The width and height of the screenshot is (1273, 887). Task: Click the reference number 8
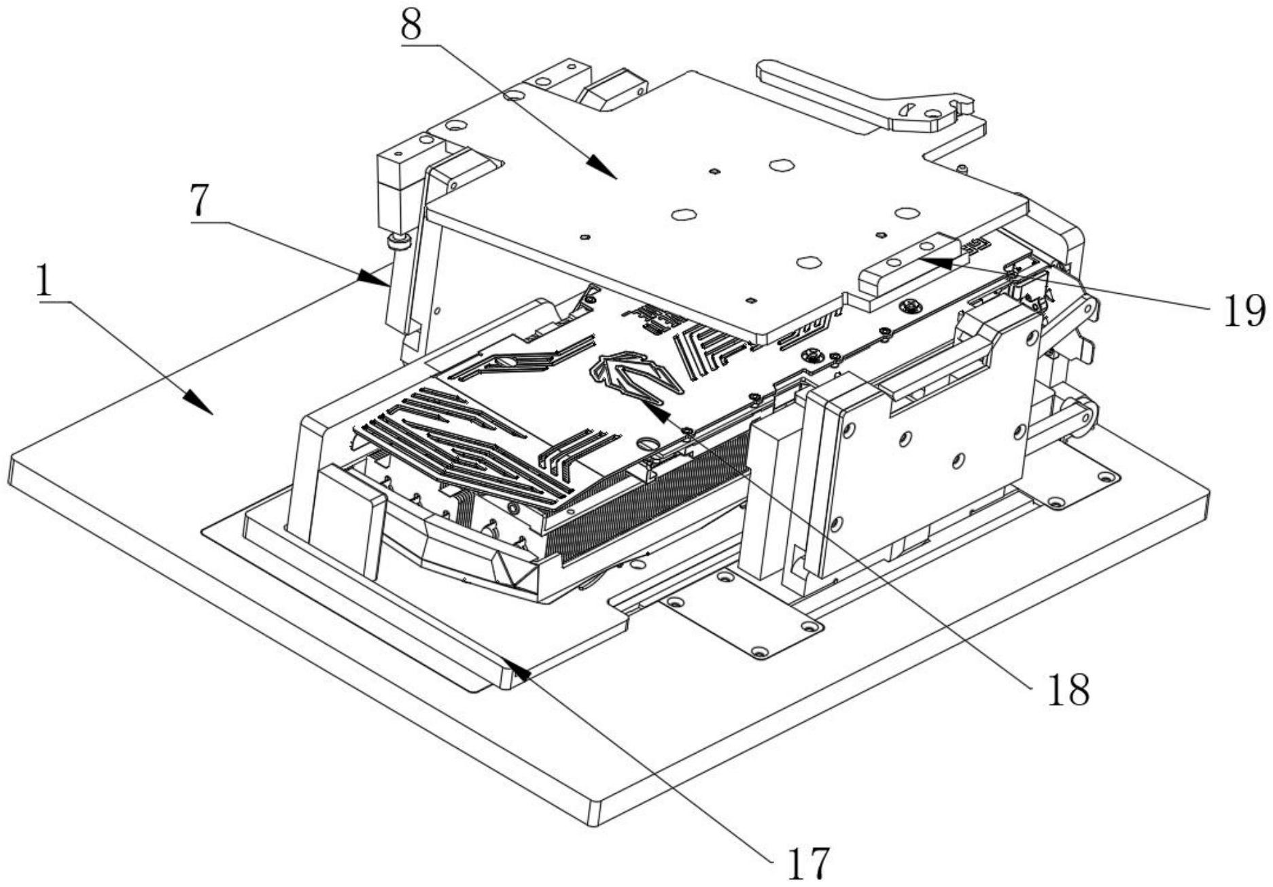pyautogui.click(x=411, y=25)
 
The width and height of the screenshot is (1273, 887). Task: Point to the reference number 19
pyautogui.click(x=1244, y=311)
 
